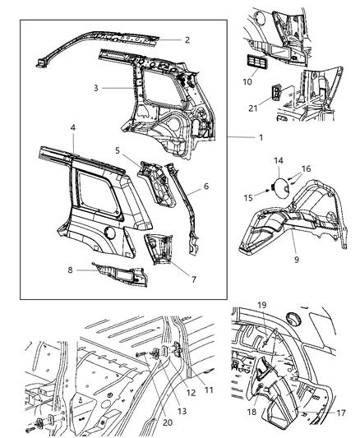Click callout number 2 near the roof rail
[187, 39]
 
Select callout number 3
[95, 86]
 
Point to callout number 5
[118, 150]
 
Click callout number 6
[205, 187]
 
